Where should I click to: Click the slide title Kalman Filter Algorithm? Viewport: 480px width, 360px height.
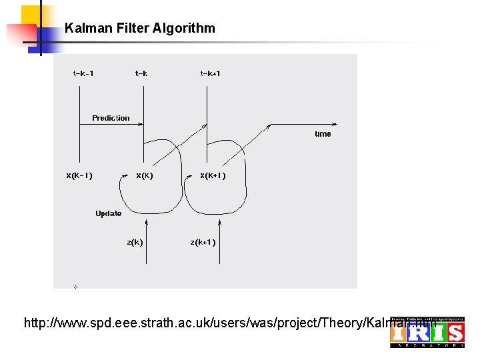click(140, 28)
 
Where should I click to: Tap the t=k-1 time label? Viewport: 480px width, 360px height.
click(83, 73)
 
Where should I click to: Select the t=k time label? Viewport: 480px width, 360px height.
click(141, 73)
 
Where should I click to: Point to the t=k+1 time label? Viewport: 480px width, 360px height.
click(210, 73)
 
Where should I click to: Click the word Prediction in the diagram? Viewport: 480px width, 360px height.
click(111, 118)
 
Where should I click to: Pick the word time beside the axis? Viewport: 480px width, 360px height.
click(323, 134)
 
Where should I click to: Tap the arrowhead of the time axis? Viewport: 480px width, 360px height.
click(343, 124)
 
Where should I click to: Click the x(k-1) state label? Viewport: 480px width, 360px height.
click(79, 176)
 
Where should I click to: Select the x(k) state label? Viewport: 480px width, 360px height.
click(145, 176)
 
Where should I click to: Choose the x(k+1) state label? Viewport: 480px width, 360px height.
click(213, 176)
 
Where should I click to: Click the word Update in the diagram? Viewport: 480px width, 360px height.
click(108, 213)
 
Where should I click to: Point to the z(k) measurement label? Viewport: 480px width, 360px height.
click(135, 242)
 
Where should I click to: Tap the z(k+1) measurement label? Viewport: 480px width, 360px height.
click(203, 242)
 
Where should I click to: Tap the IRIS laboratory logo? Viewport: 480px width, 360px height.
click(427, 332)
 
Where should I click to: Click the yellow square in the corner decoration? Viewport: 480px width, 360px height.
click(31, 15)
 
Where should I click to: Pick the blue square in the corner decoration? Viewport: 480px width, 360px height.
click(47, 39)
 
